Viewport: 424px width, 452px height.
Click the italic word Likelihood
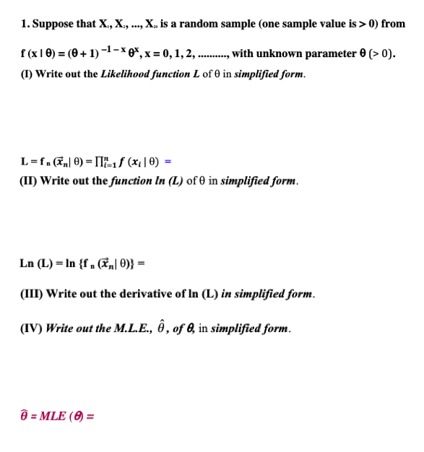[128, 74]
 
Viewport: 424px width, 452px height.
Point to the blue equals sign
[168, 161]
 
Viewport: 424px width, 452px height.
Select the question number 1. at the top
[25, 24]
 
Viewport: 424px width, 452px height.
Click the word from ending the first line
[394, 24]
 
